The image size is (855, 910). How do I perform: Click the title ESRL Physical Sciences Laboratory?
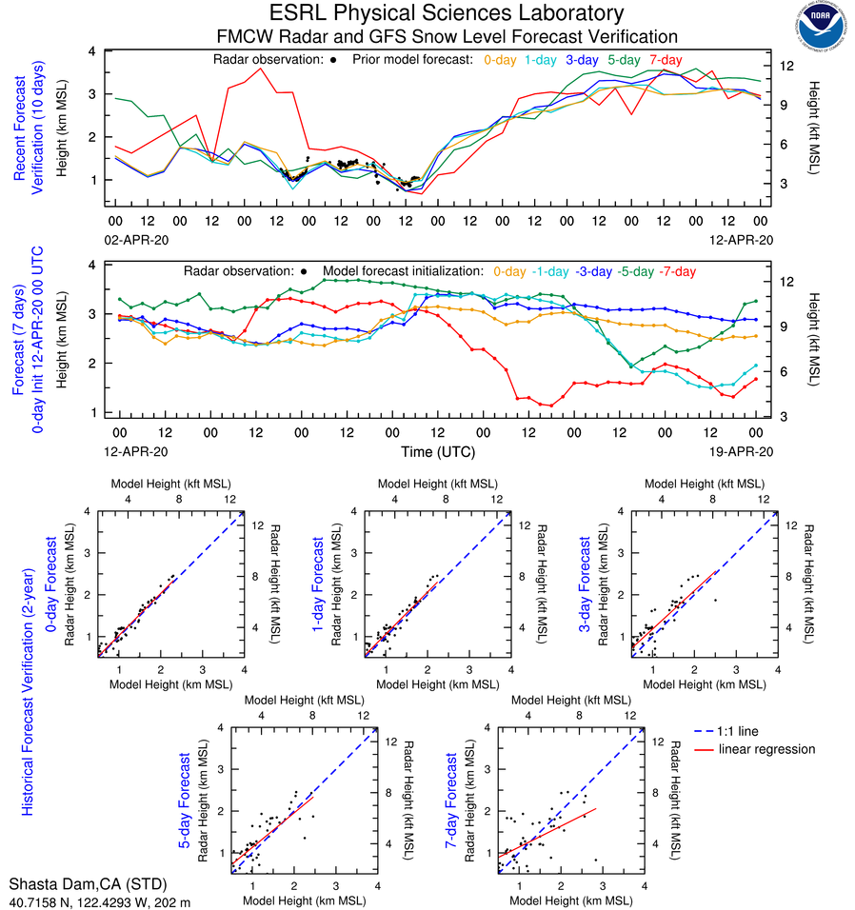(447, 13)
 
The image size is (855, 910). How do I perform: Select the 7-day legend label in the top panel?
(665, 59)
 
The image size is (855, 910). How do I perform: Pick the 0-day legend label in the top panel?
(501, 59)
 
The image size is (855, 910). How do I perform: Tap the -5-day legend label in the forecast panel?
(641, 271)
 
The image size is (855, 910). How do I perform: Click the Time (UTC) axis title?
(437, 451)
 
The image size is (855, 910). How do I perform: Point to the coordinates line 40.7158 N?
(100, 901)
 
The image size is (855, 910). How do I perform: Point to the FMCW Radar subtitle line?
(447, 36)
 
